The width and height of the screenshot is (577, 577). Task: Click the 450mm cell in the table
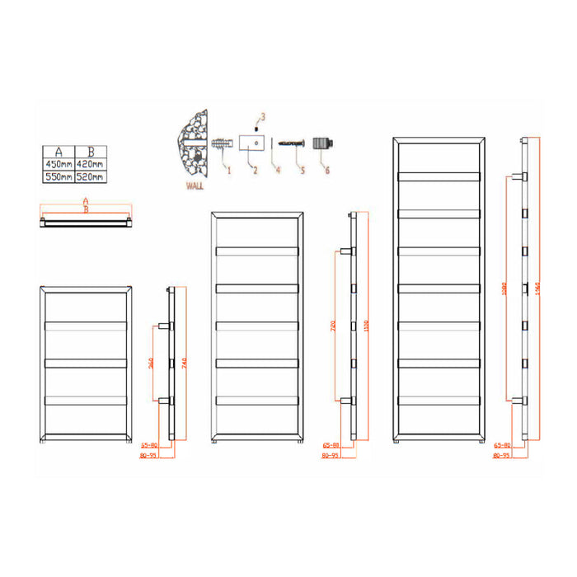click(58, 164)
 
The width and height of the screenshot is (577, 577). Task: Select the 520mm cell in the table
click(91, 176)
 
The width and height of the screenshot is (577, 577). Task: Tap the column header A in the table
click(58, 151)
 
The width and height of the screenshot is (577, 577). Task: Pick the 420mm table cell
click(91, 164)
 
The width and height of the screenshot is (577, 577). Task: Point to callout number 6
click(327, 171)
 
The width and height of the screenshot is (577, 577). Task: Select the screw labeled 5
click(293, 143)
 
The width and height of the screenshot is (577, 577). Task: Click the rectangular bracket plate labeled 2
click(251, 144)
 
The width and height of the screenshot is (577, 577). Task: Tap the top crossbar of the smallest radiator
click(87, 324)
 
